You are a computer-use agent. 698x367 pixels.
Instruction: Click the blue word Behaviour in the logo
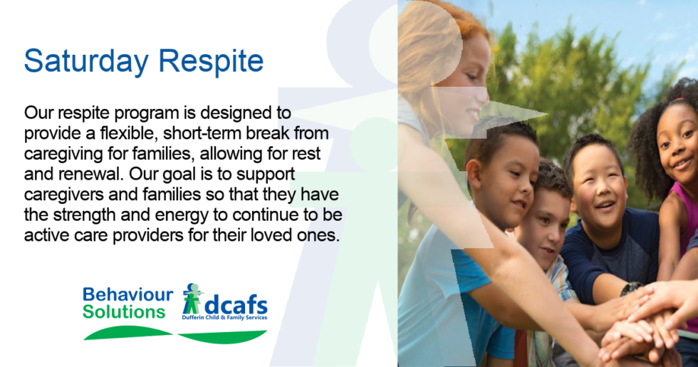(x=127, y=295)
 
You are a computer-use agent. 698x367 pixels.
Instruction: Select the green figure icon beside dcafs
(x=192, y=299)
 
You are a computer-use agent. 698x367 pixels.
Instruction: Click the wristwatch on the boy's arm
(x=630, y=289)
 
